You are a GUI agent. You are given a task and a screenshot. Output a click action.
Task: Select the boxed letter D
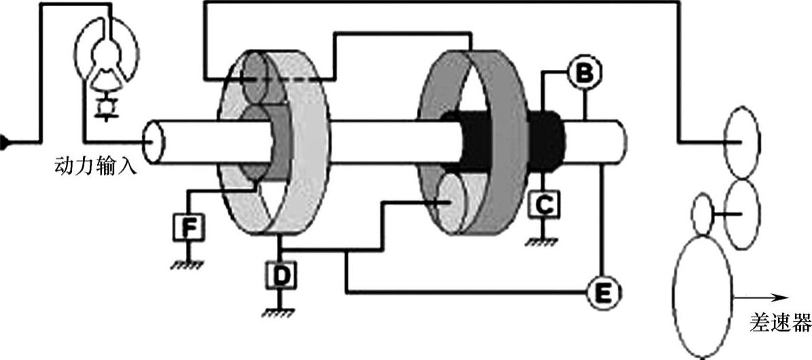point(279,276)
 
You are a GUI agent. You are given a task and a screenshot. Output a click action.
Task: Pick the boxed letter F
point(190,228)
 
